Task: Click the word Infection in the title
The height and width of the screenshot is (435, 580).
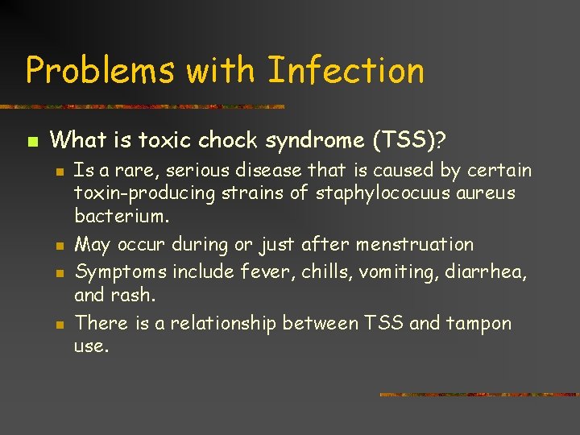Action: tap(346, 70)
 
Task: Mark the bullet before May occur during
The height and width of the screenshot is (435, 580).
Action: tap(60, 246)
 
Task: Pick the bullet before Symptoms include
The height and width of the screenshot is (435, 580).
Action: tap(60, 273)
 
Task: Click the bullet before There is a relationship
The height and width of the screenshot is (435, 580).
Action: tap(60, 325)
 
